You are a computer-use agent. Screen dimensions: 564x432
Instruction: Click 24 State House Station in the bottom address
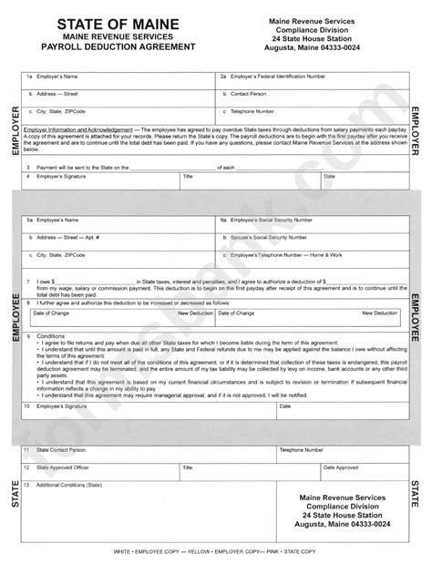[338, 516]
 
